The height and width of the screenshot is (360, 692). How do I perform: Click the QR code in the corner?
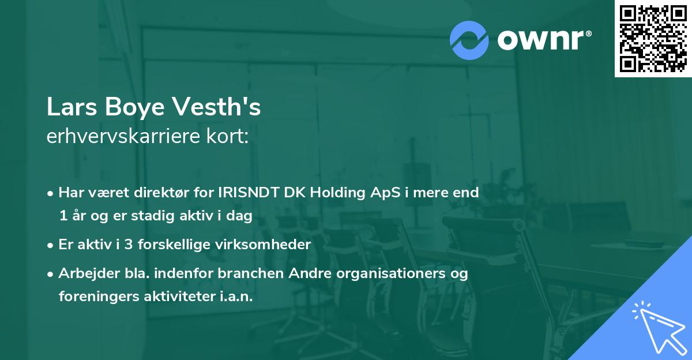tap(653, 39)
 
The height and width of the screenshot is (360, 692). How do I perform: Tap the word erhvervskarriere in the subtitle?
tap(127, 136)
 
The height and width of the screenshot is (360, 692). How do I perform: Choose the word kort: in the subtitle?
tap(230, 136)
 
